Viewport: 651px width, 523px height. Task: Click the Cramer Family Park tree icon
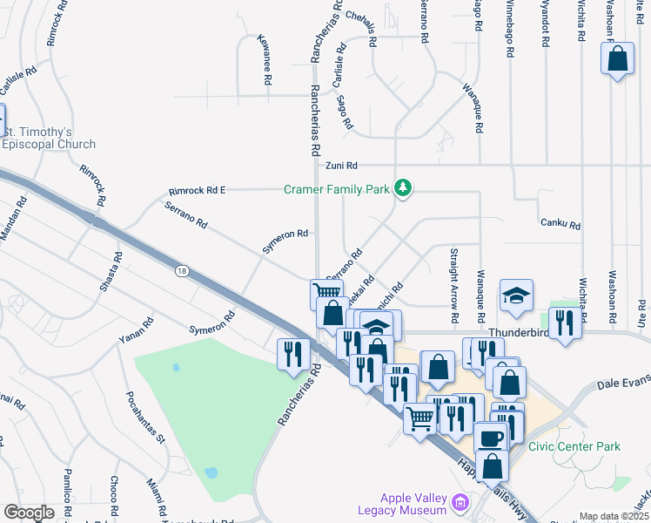coord(402,188)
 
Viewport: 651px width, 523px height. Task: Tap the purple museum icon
coord(460,502)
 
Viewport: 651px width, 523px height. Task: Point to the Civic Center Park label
coord(574,446)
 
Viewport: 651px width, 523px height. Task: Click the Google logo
coord(29,513)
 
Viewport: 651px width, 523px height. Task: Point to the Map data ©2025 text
coord(614,517)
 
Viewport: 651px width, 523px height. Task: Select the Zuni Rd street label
coord(342,165)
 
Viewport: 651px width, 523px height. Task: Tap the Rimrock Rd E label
coord(198,190)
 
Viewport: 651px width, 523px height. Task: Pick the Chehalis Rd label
coord(360,28)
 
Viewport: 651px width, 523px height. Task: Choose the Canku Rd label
coord(560,224)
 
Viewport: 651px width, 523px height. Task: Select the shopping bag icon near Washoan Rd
coord(617,60)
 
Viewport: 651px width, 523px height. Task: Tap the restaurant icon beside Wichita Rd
coord(565,324)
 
